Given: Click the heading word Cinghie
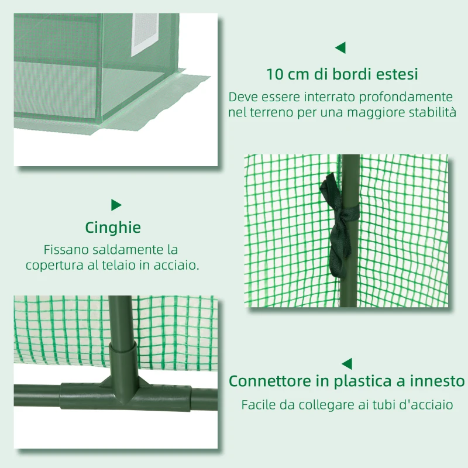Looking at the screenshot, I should coord(113,228).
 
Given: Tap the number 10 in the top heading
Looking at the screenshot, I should coord(276,75).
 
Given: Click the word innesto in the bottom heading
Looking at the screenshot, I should coord(435,381).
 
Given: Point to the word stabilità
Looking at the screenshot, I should coord(428,112).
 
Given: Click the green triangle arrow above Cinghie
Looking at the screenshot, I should coord(116,205).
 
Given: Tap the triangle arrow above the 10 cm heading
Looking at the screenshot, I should coord(340,47).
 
